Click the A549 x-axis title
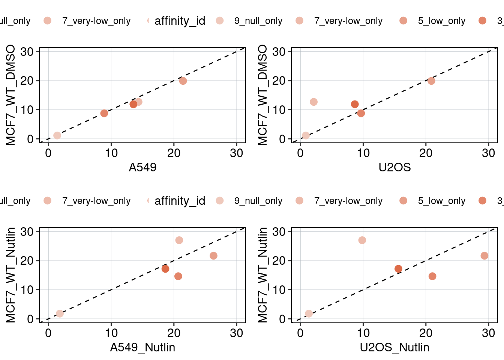click(x=142, y=167)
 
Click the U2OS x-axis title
click(x=394, y=167)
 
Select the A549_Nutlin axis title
click(x=142, y=347)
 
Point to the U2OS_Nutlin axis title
click(x=394, y=347)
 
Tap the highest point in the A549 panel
click(x=183, y=81)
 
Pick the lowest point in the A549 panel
click(x=57, y=135)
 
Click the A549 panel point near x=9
click(x=104, y=113)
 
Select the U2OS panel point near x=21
click(x=431, y=81)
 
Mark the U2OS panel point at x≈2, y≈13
click(x=313, y=102)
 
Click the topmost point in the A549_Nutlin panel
click(x=179, y=240)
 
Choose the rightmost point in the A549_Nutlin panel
click(x=213, y=256)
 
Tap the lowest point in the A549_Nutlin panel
click(x=60, y=313)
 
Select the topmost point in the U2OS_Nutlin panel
click(x=362, y=240)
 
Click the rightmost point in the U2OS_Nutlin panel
click(x=484, y=256)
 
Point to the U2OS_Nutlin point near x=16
click(x=398, y=269)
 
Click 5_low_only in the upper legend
click(x=441, y=21)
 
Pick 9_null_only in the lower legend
click(x=258, y=201)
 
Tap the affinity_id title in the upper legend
click(x=180, y=21)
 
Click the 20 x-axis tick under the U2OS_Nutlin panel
click(x=426, y=333)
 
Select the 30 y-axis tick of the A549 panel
click(x=27, y=52)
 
